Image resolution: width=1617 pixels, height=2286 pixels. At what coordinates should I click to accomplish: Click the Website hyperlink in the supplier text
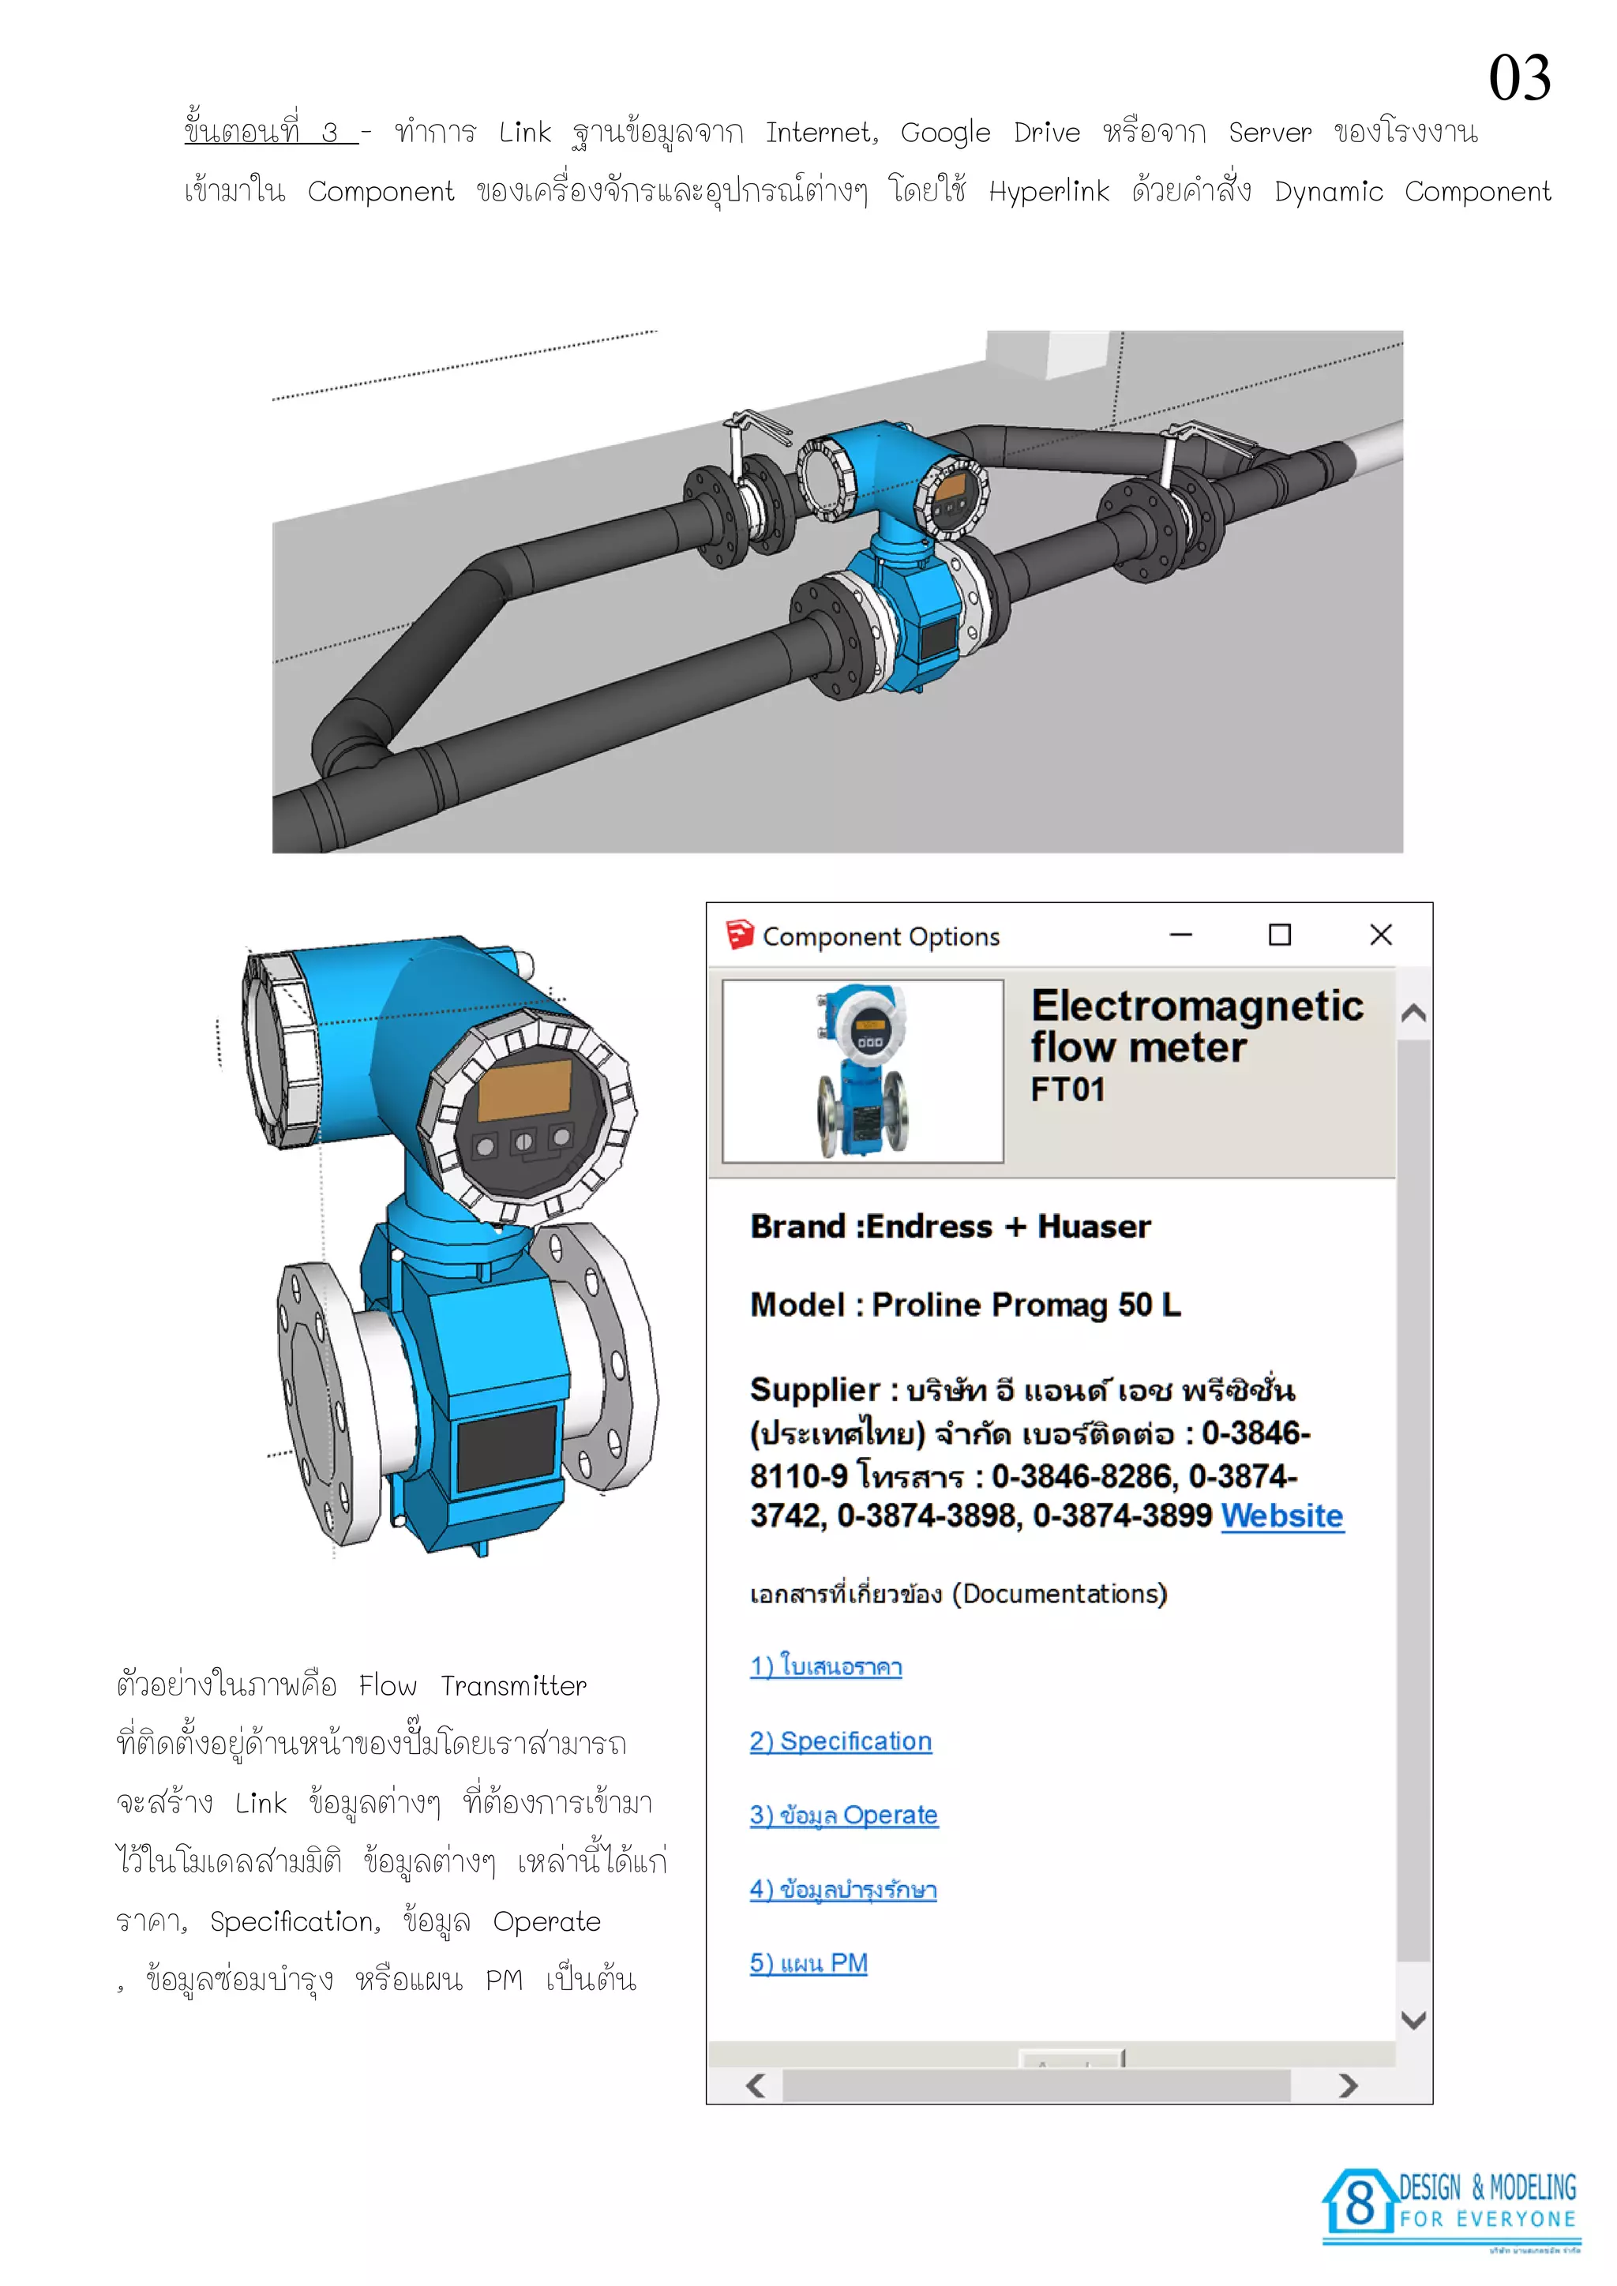1282,1516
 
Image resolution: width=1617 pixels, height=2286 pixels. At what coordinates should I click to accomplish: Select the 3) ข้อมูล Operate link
843,1815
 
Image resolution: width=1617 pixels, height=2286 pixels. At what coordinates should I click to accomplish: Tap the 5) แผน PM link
808,1962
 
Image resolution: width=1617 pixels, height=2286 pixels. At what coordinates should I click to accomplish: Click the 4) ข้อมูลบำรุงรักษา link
843,1889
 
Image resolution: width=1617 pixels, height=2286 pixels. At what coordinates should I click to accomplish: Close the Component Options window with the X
1381,935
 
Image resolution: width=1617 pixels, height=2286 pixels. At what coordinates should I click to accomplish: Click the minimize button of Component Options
1181,935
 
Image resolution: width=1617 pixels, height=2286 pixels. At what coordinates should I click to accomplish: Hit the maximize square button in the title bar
1279,935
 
